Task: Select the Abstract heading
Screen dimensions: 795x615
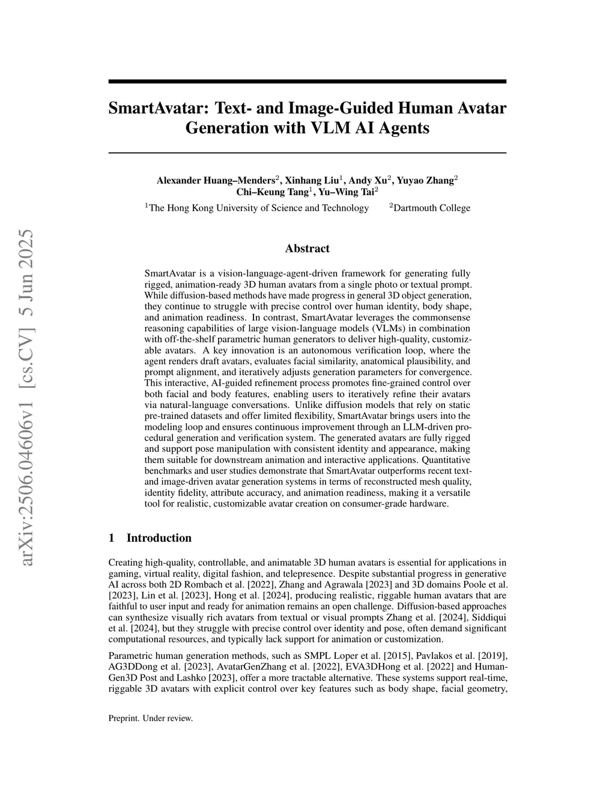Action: click(307, 248)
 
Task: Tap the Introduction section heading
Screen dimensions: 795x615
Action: click(159, 538)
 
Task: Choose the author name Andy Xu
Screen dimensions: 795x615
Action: click(368, 181)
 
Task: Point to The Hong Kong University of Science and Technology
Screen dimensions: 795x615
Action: click(259, 208)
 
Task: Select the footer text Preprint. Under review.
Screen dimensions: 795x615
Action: click(151, 718)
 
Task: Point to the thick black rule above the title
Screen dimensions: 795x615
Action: click(307, 82)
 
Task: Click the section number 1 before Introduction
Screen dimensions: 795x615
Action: click(111, 538)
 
